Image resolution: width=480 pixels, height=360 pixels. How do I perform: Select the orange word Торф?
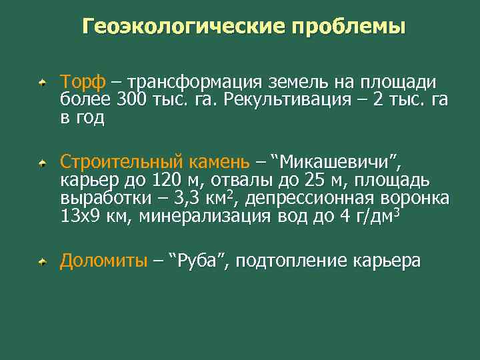pos(82,83)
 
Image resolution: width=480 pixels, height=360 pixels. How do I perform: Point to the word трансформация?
pos(197,83)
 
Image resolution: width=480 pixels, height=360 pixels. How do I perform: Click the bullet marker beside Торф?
pos(42,83)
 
